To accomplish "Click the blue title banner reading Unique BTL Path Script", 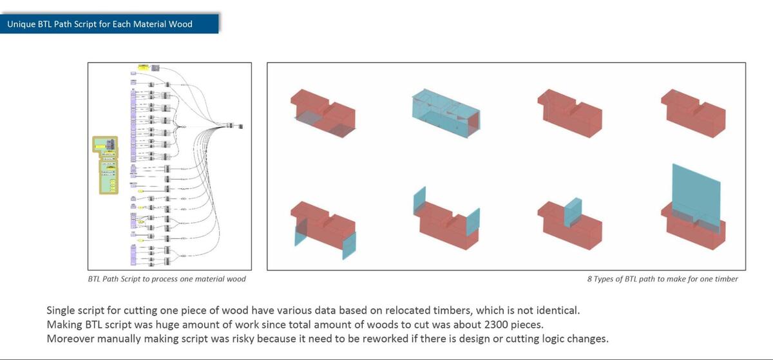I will [110, 24].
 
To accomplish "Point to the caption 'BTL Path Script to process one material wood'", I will [167, 279].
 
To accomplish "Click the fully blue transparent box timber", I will [445, 109].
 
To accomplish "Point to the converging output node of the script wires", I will [236, 126].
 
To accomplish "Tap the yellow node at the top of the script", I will [143, 67].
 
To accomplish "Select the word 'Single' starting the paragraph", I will [62, 310].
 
